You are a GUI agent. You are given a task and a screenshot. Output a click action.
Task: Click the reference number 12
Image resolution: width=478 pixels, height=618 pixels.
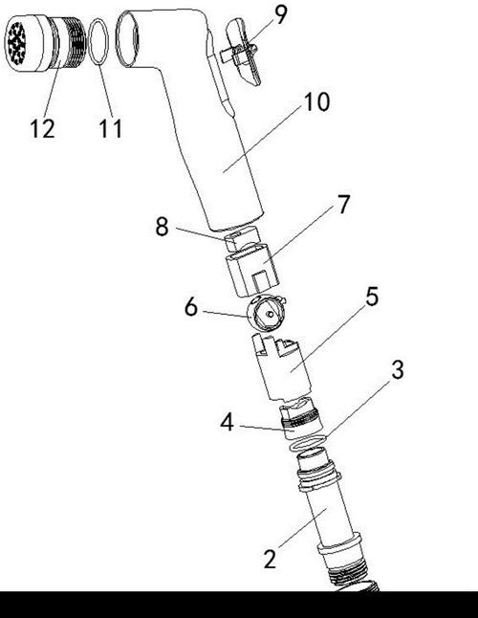42,128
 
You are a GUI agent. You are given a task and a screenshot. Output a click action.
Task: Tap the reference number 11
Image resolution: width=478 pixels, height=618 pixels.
111,128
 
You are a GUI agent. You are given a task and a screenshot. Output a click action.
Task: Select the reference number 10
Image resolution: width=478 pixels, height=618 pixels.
316,102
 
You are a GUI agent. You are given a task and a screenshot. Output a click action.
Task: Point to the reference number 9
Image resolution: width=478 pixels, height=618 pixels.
281,15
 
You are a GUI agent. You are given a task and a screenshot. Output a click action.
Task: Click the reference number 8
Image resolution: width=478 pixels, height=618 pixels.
162,227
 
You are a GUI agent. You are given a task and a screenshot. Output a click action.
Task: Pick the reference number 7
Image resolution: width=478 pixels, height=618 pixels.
344,204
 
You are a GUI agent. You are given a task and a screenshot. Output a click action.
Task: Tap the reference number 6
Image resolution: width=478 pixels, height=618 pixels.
191,307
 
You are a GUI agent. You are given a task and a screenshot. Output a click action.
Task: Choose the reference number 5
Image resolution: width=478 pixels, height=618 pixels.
372,297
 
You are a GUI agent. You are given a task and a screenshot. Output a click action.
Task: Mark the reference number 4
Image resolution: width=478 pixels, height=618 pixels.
227,423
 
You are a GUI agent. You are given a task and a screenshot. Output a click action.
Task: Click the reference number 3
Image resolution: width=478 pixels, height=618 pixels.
398,370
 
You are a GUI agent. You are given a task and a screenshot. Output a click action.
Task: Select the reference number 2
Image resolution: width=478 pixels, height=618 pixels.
270,559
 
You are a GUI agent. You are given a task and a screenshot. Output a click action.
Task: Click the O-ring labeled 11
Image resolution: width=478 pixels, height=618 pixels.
98,41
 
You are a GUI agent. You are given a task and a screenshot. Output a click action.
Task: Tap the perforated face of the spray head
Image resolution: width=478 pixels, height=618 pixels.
16,43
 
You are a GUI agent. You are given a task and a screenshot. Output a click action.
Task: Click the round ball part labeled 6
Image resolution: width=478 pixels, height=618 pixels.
266,313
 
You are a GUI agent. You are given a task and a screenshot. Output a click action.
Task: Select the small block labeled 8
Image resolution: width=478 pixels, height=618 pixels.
241,239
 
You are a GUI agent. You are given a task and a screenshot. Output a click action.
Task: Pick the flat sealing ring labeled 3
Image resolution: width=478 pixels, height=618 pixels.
308,443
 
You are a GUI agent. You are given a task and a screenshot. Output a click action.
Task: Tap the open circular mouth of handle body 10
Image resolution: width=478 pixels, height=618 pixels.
127,38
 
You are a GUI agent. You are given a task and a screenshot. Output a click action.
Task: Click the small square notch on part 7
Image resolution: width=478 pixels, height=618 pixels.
261,280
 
